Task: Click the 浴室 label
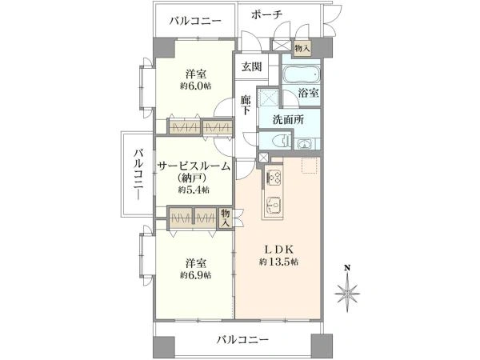(x=309, y=93)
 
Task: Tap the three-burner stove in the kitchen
(x=274, y=177)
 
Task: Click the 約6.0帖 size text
(x=195, y=85)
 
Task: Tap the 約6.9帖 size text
(x=195, y=274)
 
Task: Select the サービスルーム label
(x=194, y=166)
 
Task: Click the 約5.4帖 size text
(x=194, y=190)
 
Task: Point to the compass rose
(x=347, y=294)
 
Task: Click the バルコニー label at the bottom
(x=242, y=340)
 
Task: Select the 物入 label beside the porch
(x=302, y=48)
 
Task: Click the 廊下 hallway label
(x=248, y=105)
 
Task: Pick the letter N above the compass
(x=347, y=269)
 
